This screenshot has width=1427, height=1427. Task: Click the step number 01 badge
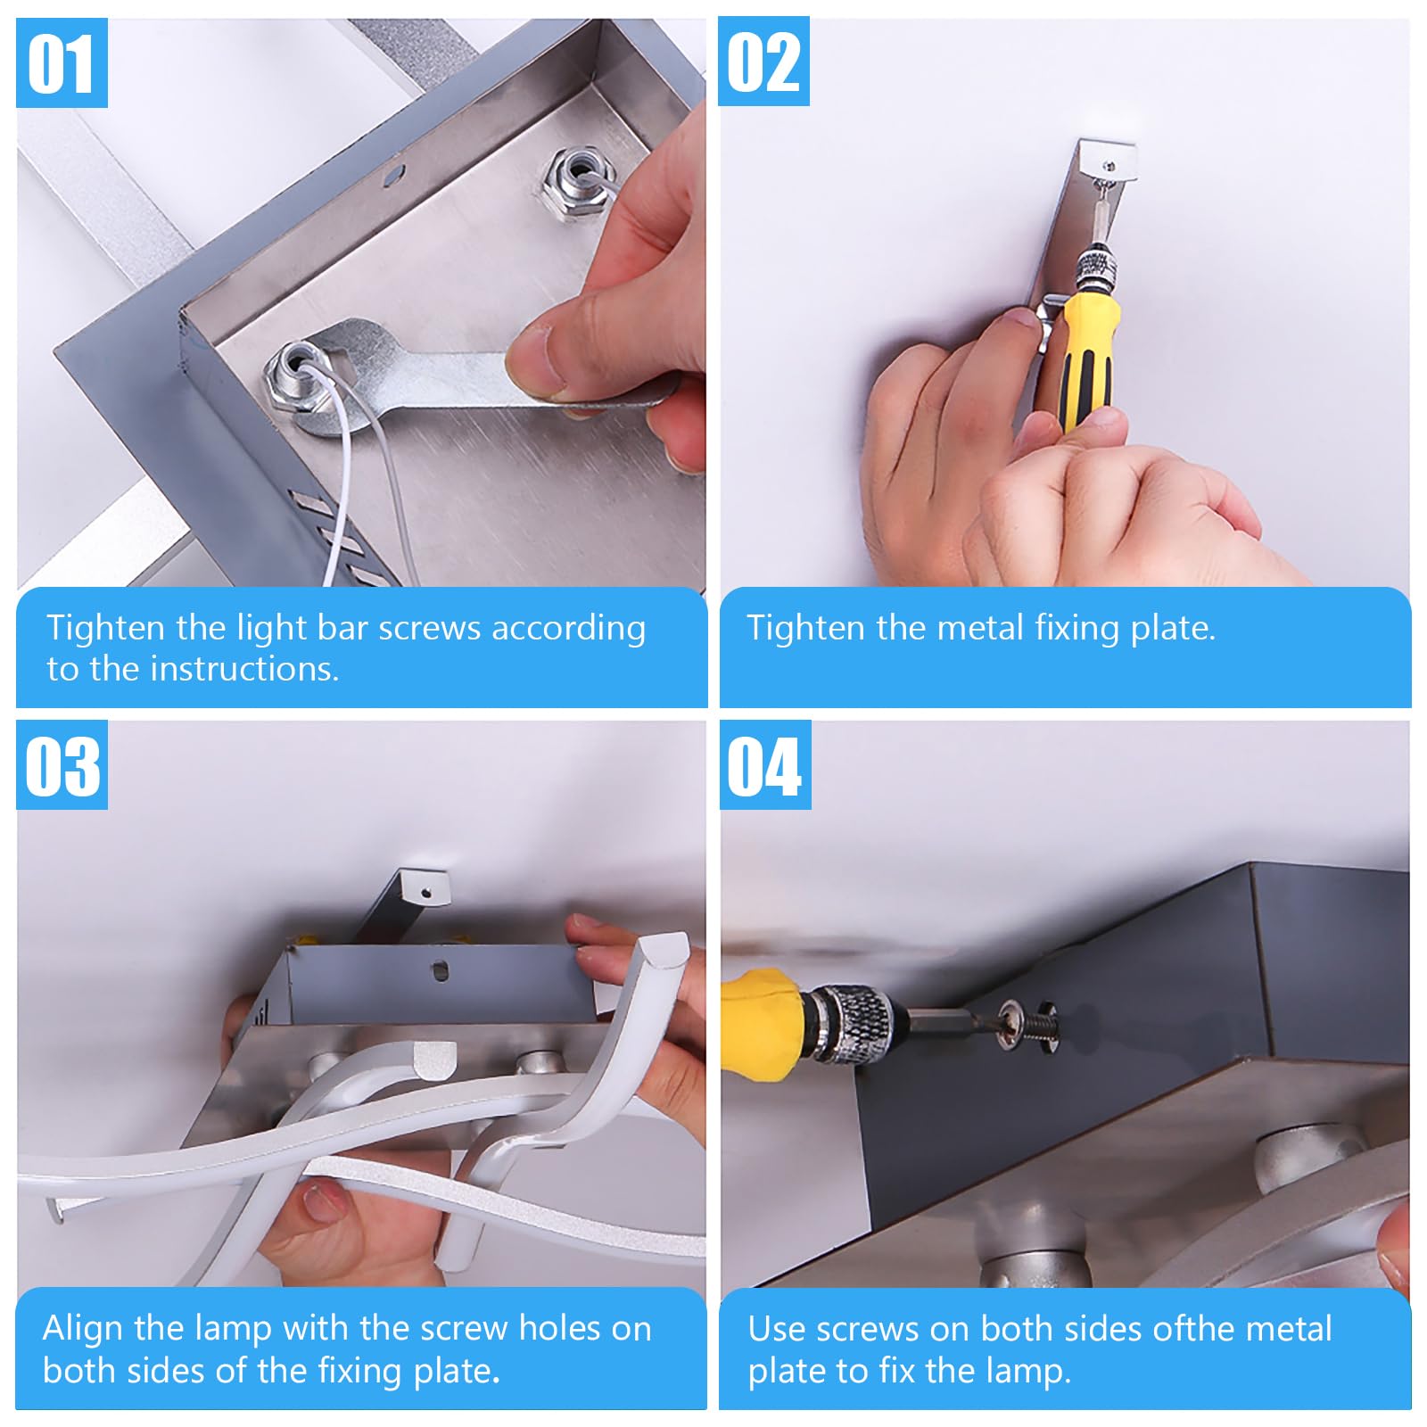(62, 63)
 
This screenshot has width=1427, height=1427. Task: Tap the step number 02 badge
(763, 62)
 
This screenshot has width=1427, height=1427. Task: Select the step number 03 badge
(62, 765)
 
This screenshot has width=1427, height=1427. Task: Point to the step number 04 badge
(765, 765)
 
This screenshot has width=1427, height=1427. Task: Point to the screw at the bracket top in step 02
(1109, 166)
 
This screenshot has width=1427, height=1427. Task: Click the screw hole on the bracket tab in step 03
(427, 890)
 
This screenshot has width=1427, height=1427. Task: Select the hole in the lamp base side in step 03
(441, 969)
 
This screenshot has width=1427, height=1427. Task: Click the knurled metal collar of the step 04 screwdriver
(851, 1023)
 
